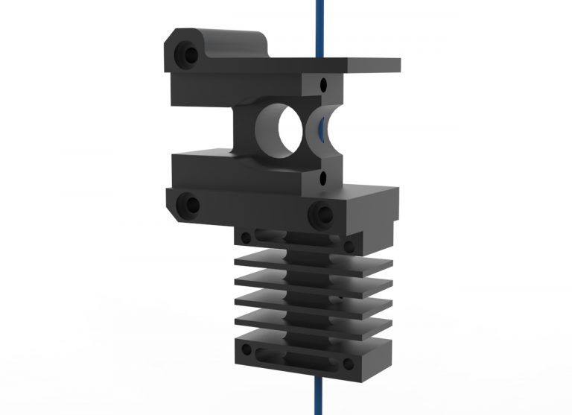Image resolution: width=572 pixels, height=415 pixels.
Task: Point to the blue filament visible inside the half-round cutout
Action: pyautogui.click(x=320, y=128)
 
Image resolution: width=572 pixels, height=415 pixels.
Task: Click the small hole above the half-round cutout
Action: pyautogui.click(x=322, y=83)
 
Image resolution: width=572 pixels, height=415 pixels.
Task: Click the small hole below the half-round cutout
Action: pyautogui.click(x=322, y=178)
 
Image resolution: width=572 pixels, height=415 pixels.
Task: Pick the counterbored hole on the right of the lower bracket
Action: pyautogui.click(x=322, y=215)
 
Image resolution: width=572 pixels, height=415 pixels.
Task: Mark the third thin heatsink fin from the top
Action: pyautogui.click(x=313, y=301)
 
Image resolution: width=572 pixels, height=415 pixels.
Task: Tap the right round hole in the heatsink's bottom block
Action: pyautogui.click(x=346, y=363)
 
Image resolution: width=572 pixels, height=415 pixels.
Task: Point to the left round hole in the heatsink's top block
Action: pyautogui.click(x=245, y=237)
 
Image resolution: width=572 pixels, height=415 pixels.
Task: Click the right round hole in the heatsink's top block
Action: pyautogui.click(x=348, y=245)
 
